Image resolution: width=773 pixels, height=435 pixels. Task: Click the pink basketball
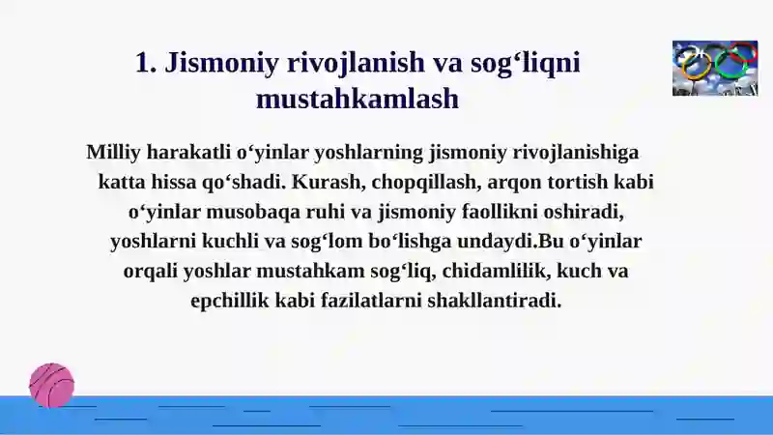(52, 385)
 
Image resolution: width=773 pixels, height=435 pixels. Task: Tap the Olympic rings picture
(715, 68)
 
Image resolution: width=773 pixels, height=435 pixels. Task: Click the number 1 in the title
(143, 62)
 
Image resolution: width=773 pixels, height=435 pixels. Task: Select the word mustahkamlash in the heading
(358, 99)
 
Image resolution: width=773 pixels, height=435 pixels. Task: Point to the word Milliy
(113, 153)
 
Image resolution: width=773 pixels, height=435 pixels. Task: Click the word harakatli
(188, 152)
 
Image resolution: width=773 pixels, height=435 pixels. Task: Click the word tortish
(577, 182)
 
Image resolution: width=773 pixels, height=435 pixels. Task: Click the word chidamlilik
(496, 271)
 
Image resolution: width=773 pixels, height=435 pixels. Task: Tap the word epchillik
(230, 301)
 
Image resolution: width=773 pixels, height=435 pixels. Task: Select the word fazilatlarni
(371, 301)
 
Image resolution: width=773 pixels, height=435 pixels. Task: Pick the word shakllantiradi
(495, 301)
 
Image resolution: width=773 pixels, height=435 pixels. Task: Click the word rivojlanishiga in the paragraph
(576, 153)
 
